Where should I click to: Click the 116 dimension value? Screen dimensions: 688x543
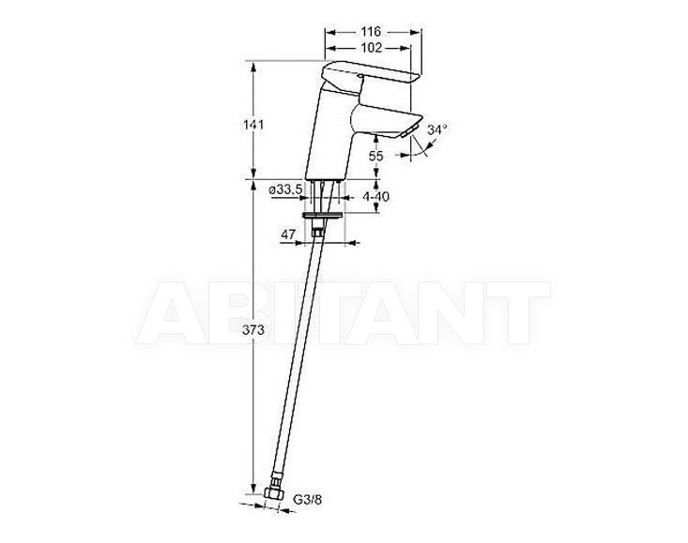click(x=371, y=32)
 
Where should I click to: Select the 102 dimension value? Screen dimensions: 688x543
click(x=371, y=47)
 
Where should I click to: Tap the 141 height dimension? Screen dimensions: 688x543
click(x=253, y=125)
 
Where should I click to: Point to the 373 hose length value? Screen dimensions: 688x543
click(x=253, y=329)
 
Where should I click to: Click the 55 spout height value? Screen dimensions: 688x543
click(x=376, y=156)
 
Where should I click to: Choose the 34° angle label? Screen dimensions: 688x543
click(x=437, y=129)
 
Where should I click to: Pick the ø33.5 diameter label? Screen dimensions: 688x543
click(x=285, y=189)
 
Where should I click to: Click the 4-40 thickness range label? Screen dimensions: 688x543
click(x=375, y=197)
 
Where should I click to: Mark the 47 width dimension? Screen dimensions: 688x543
click(x=288, y=234)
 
